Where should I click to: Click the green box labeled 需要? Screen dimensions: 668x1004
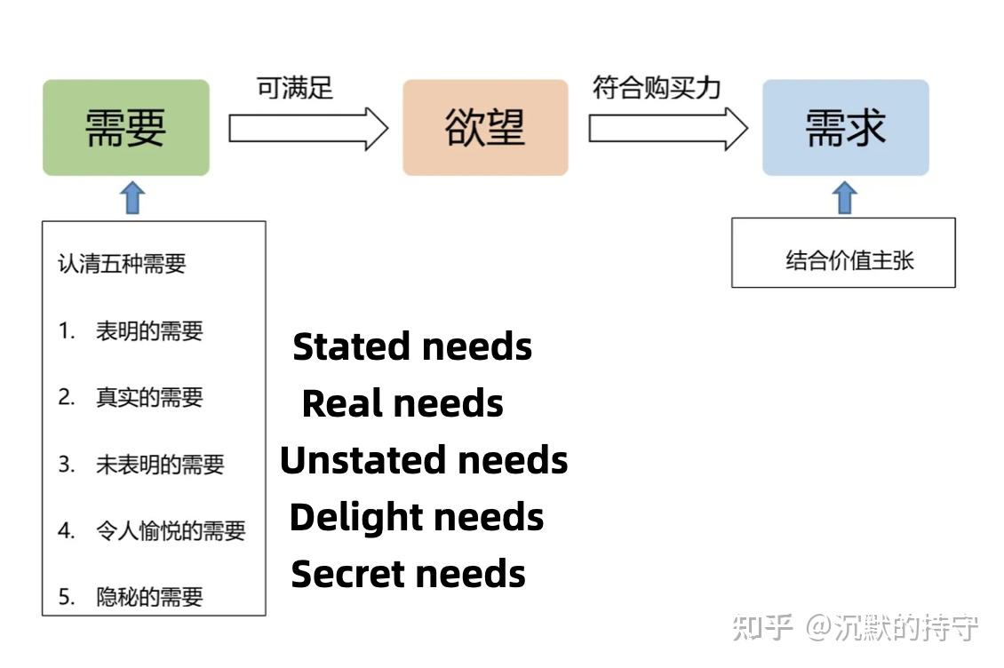click(126, 128)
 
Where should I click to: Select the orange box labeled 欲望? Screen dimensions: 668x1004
click(485, 128)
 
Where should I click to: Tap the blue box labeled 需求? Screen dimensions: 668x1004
click(845, 128)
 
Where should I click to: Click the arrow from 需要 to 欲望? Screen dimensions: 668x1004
click(307, 129)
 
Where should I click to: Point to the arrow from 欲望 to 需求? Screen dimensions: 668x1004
click(667, 129)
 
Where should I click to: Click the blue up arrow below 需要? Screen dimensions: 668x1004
click(132, 197)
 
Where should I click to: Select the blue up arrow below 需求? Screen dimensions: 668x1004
click(845, 197)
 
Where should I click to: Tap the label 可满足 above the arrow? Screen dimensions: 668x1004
click(295, 89)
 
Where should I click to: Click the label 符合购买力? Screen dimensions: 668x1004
click(657, 88)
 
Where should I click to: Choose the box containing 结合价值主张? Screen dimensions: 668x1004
click(843, 253)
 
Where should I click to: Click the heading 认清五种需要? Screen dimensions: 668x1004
click(122, 264)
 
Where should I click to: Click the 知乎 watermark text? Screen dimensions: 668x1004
click(761, 627)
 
